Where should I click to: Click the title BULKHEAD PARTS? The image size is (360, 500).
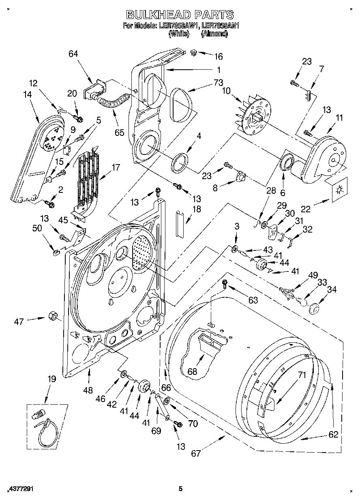pos(180,15)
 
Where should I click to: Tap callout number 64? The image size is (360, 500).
pos(73,54)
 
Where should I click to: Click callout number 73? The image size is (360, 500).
pos(219,83)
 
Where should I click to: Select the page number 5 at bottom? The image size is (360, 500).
pos(180,489)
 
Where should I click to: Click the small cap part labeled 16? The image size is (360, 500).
pos(194,53)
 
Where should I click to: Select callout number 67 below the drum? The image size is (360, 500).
pos(196,453)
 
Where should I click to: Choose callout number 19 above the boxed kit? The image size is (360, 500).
pos(51,380)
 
